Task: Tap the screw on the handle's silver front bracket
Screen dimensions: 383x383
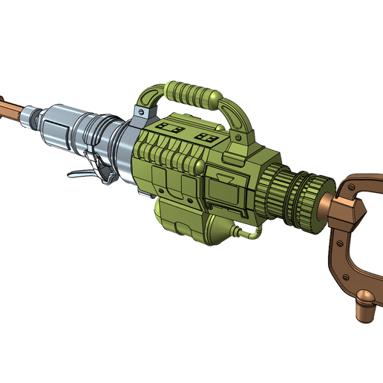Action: click(138, 111)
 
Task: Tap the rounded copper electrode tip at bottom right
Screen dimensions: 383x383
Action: click(365, 299)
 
